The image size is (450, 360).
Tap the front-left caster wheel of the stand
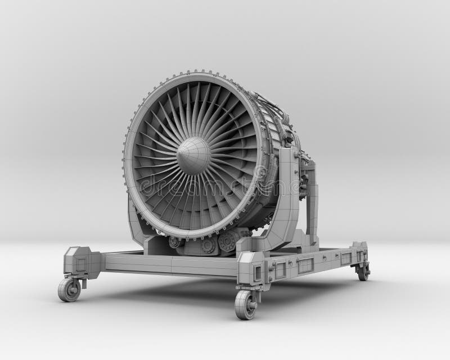(69, 289)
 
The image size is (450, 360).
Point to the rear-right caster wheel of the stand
(363, 272)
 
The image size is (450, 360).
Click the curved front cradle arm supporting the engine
(290, 197)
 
